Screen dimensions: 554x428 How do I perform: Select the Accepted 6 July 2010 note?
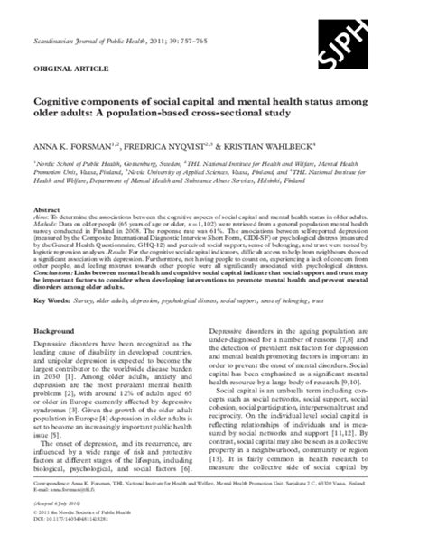pyautogui.click(x=65, y=529)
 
